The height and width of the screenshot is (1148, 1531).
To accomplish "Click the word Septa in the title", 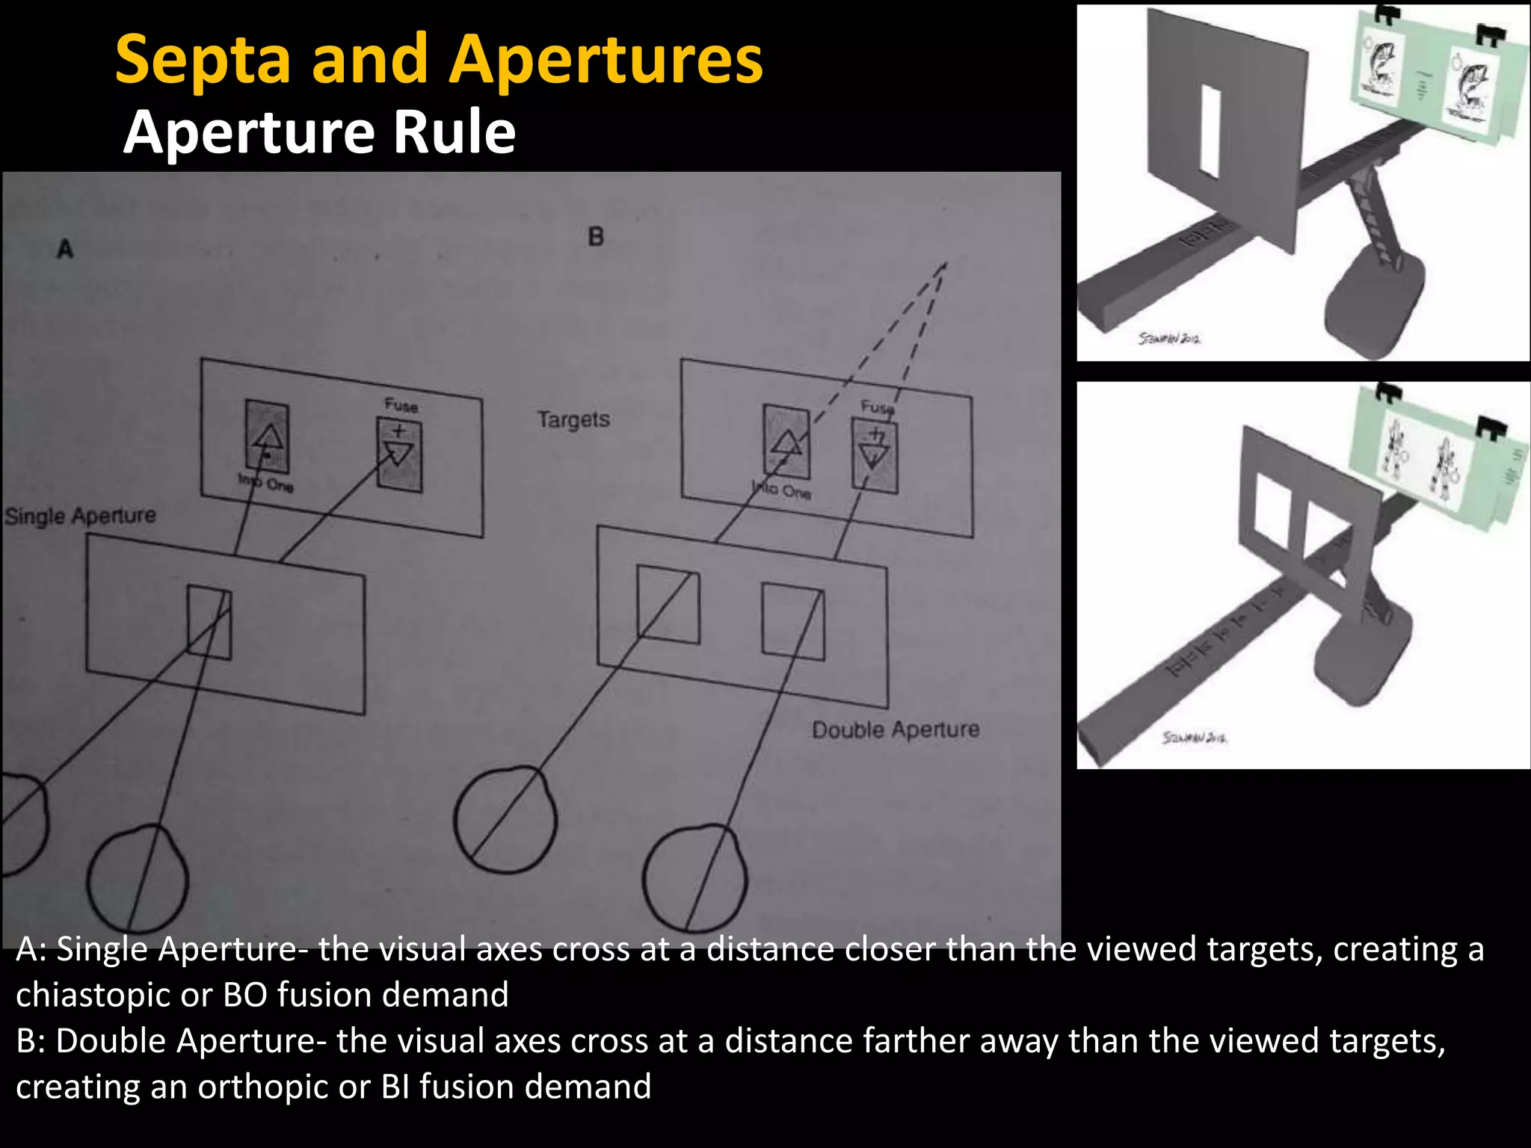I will [x=203, y=60].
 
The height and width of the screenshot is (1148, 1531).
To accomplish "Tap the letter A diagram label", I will [x=65, y=248].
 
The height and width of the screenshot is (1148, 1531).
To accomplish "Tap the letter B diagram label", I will [x=595, y=237].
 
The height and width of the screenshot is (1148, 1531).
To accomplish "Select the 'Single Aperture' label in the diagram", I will [x=81, y=516].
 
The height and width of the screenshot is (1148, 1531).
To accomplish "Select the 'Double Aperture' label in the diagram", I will [x=896, y=729].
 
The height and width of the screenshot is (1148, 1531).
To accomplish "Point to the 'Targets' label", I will [x=573, y=419].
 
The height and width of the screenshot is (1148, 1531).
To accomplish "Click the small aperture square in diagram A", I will [x=209, y=622].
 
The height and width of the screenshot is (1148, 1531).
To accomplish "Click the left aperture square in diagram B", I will [x=668, y=605].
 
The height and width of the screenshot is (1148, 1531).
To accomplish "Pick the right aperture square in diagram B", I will [x=792, y=622].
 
